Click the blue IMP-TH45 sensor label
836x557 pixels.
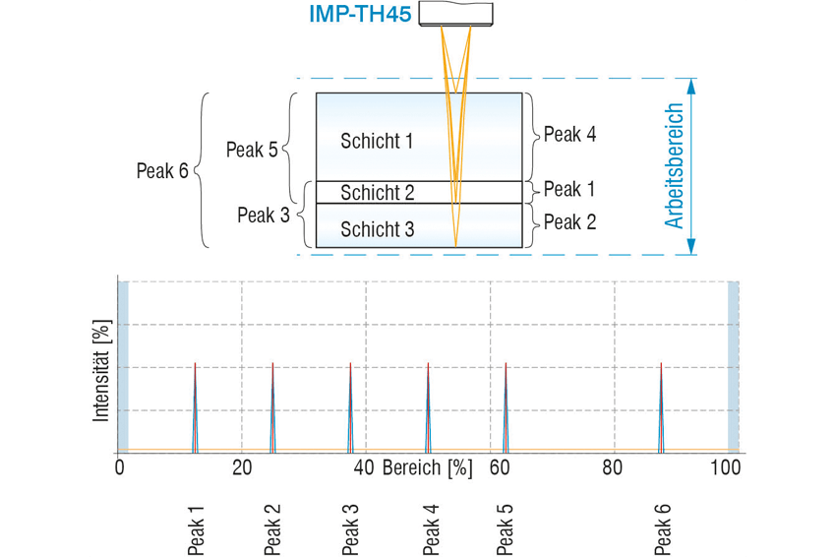[x=360, y=14]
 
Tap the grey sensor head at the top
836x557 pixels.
[x=455, y=14]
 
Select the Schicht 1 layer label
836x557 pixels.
[x=377, y=141]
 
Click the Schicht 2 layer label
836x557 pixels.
[x=378, y=193]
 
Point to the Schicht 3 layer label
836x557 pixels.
[x=378, y=229]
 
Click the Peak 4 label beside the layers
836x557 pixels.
[x=569, y=134]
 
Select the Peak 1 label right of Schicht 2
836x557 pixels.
[x=568, y=189]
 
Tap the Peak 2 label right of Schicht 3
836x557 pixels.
[x=569, y=222]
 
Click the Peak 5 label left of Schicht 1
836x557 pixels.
[x=252, y=150]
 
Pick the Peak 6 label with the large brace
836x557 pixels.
[x=162, y=170]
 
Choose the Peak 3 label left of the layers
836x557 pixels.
[x=264, y=215]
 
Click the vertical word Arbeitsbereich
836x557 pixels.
[x=674, y=166]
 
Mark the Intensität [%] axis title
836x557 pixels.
[x=101, y=371]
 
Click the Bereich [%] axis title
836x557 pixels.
[x=428, y=467]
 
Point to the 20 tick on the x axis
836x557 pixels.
[x=242, y=467]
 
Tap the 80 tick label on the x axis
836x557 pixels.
[x=613, y=467]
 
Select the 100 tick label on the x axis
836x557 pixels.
[x=726, y=467]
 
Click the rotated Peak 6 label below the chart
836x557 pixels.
[x=662, y=529]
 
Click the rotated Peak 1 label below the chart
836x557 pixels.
[x=196, y=529]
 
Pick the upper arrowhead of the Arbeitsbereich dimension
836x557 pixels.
[x=691, y=87]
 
